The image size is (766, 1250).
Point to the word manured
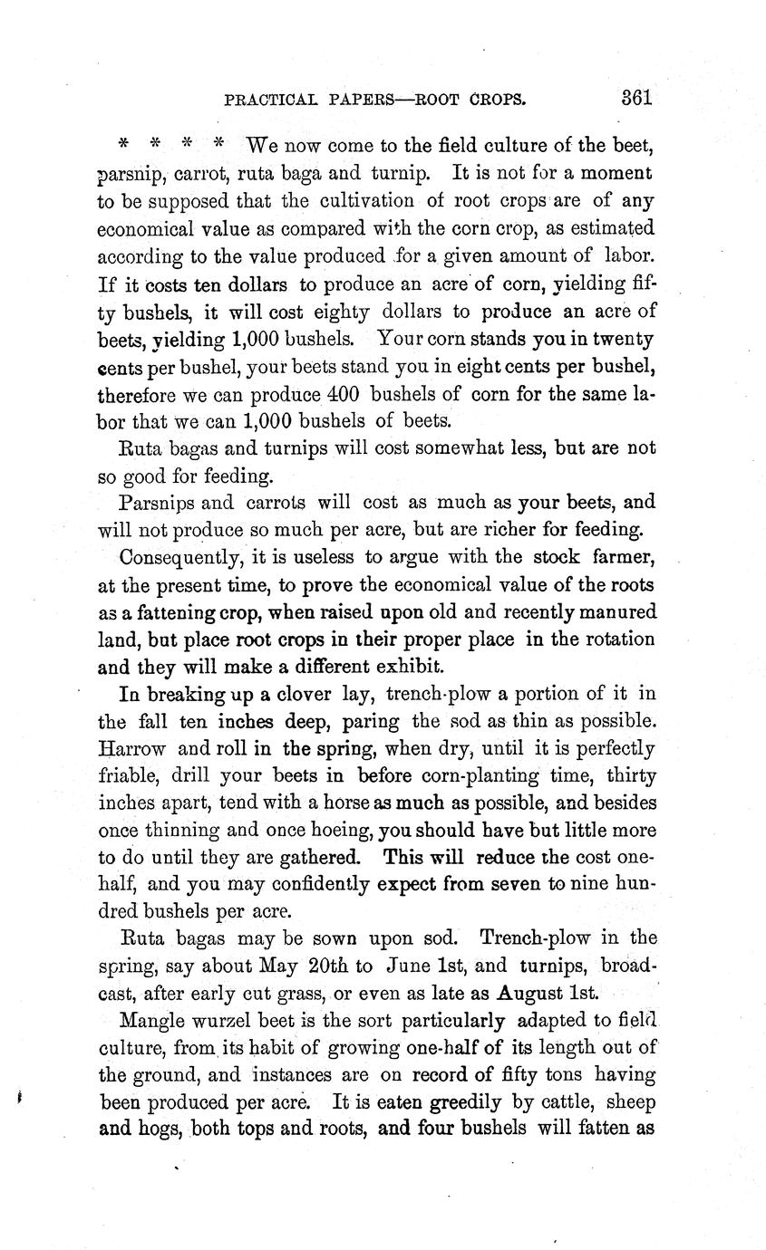pos(615,612)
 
